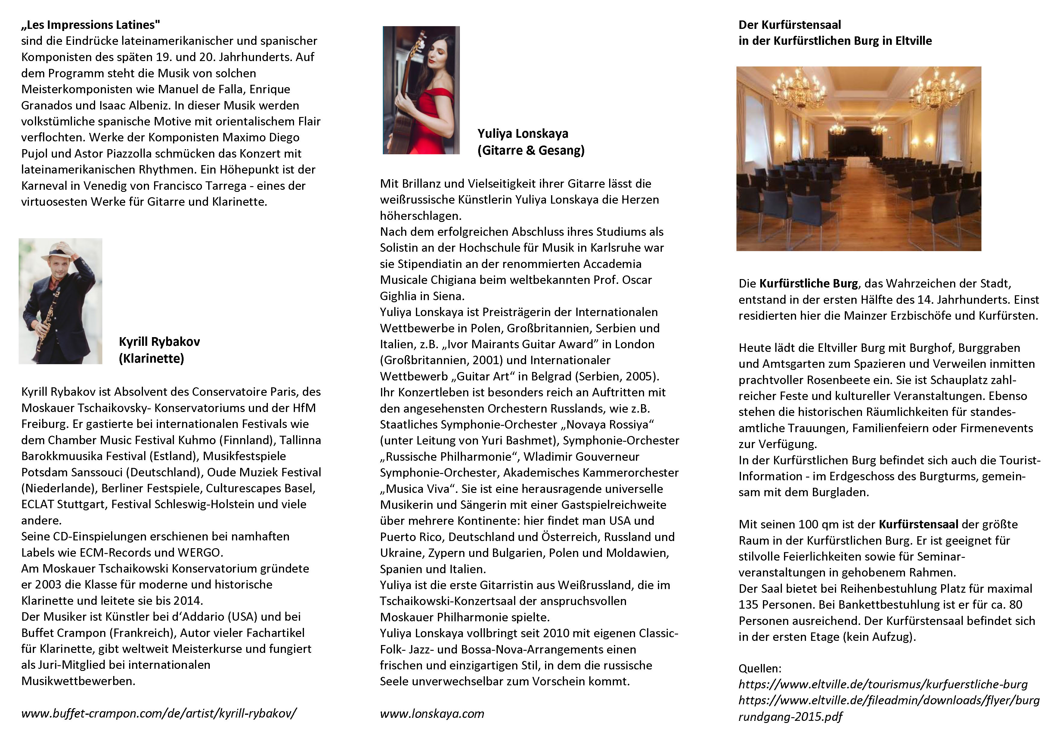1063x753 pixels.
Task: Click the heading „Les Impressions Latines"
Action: (91, 25)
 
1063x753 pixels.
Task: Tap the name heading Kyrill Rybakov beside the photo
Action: (159, 342)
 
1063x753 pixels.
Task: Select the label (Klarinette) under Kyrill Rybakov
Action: (151, 358)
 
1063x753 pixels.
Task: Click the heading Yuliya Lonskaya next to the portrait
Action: (522, 134)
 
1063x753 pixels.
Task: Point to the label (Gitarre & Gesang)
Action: (531, 150)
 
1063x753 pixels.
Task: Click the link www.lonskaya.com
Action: (432, 714)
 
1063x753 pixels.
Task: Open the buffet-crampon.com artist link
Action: (159, 713)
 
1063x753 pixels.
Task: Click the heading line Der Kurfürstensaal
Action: (789, 25)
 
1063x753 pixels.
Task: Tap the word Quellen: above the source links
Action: (760, 668)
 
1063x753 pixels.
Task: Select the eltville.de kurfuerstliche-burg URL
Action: (882, 684)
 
